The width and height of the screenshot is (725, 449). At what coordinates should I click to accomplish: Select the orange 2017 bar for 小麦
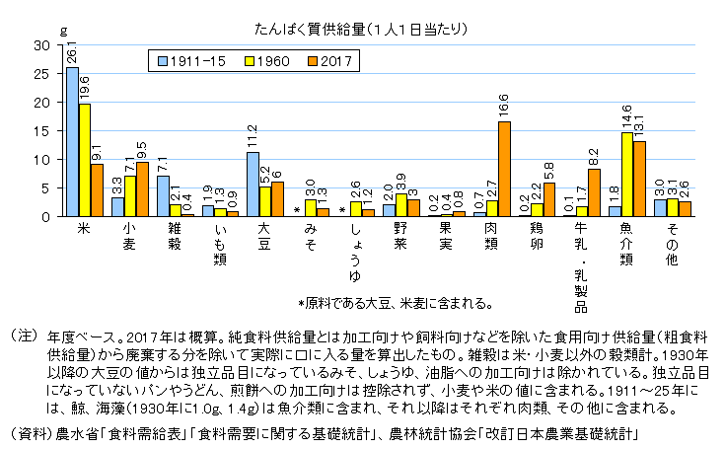pyautogui.click(x=142, y=188)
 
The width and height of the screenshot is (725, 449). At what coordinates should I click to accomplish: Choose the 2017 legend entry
pyautogui.click(x=331, y=61)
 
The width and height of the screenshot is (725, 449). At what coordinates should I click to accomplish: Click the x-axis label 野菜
pyautogui.click(x=401, y=238)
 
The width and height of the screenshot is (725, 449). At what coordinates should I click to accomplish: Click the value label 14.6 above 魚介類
pyautogui.click(x=627, y=117)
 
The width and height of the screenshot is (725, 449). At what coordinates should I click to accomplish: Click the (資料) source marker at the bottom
pyautogui.click(x=30, y=433)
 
